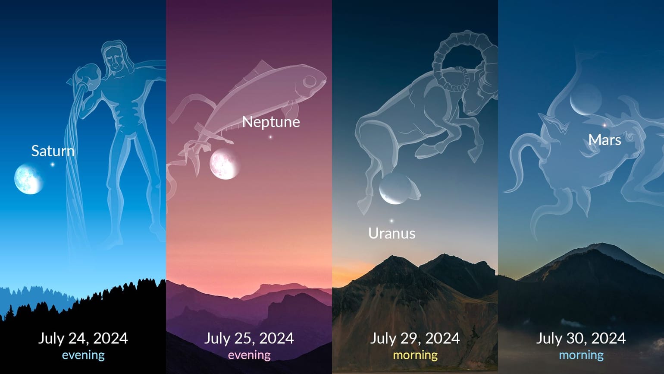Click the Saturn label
tap(53, 151)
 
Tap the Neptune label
tap(271, 122)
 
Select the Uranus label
tap(392, 233)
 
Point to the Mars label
tap(604, 140)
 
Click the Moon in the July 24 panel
tap(29, 179)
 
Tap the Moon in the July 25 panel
tap(225, 164)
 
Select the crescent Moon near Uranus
tap(395, 189)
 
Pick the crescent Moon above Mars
tap(586, 100)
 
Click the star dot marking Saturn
tap(53, 165)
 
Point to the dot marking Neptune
tap(270, 137)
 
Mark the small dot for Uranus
tap(392, 221)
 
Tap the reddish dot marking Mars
tap(604, 125)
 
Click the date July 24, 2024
tap(83, 338)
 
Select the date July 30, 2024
tap(581, 338)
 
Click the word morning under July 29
tap(415, 355)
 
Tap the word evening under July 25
tap(249, 355)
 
